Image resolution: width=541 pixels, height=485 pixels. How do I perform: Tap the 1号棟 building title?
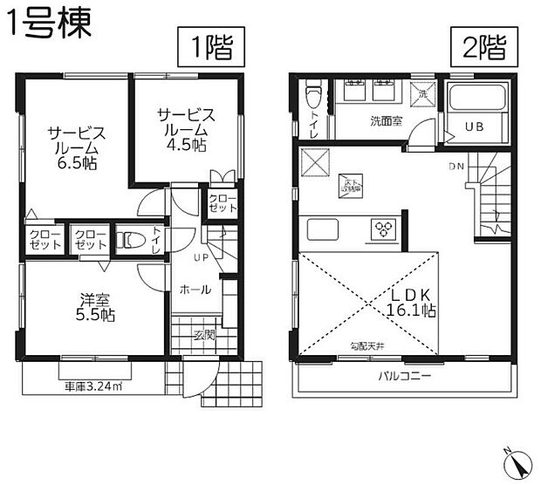click(49, 24)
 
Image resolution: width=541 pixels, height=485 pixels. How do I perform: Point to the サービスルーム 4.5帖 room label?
click(186, 130)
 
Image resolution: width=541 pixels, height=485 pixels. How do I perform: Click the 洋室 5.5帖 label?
click(92, 307)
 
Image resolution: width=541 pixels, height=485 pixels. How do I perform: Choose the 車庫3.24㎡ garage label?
click(92, 386)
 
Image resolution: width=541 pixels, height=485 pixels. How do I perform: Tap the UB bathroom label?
click(474, 126)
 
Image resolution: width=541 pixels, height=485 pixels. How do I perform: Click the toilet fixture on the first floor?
click(130, 239)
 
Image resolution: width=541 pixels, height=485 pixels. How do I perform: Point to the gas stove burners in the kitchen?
click(384, 230)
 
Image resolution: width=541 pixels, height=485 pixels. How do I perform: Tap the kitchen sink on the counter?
click(323, 231)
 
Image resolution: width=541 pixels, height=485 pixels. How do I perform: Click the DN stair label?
click(456, 166)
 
